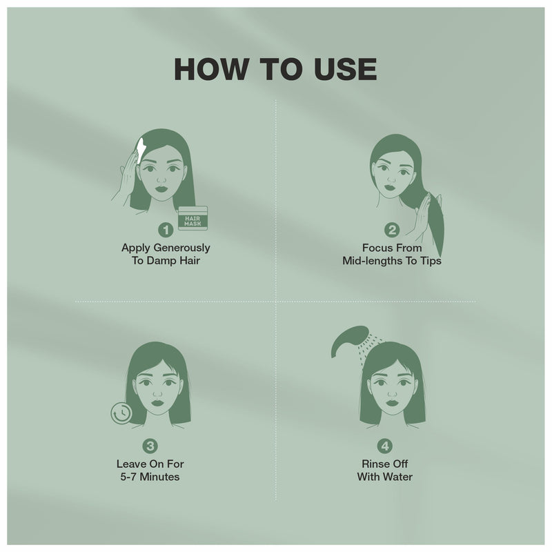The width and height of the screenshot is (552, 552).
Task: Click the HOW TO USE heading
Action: click(x=275, y=69)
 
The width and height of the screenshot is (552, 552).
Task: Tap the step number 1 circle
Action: click(x=166, y=230)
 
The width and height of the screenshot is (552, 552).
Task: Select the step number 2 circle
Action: click(x=392, y=230)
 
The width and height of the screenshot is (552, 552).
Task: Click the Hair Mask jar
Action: click(x=193, y=218)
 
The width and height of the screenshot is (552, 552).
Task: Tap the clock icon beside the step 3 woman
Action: click(x=121, y=413)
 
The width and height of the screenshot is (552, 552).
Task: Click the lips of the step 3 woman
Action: click(x=157, y=402)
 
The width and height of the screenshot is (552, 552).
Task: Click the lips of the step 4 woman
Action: click(x=392, y=402)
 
